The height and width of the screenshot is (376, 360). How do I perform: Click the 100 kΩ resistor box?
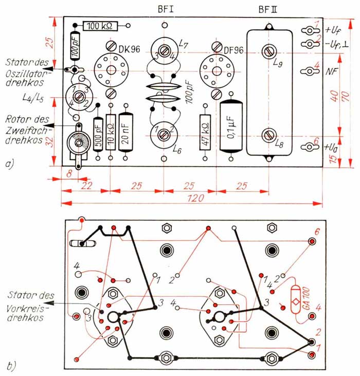[100, 26]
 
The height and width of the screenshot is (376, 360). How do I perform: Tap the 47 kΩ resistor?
[205, 132]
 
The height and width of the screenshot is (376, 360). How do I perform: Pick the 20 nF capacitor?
[125, 132]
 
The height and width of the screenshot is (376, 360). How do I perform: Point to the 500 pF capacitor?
[98, 135]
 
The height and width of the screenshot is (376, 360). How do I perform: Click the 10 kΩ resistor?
[111, 132]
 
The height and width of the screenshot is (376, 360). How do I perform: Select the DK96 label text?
[129, 49]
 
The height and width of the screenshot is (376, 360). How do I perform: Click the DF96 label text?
[233, 50]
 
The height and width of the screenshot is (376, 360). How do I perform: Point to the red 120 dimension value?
[195, 199]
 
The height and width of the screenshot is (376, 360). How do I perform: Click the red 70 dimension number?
[346, 96]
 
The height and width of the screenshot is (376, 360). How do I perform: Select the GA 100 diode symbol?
[296, 299]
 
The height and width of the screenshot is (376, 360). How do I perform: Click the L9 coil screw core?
[269, 51]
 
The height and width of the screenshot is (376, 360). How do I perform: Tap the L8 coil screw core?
[269, 135]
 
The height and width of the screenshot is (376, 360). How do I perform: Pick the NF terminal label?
[332, 71]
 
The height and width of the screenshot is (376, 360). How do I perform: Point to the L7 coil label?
[184, 44]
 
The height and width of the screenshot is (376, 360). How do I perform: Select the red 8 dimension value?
[69, 174]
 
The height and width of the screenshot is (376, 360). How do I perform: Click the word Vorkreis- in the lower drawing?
[25, 309]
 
